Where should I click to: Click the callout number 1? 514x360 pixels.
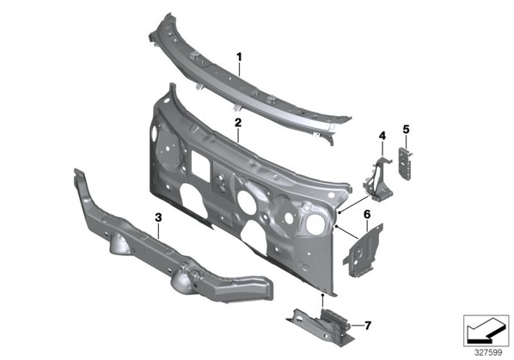(x=239, y=57)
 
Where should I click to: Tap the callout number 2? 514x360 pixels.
(x=238, y=123)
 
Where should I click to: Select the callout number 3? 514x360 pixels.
(x=158, y=217)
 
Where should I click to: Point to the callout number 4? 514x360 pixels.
(x=382, y=136)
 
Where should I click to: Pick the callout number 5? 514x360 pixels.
(x=407, y=130)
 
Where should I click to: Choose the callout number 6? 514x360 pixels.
(x=367, y=215)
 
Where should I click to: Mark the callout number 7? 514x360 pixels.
(x=368, y=326)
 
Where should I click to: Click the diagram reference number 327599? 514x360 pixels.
(x=488, y=353)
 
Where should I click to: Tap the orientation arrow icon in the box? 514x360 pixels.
(x=486, y=330)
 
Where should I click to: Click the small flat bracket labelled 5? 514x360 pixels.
(x=405, y=163)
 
